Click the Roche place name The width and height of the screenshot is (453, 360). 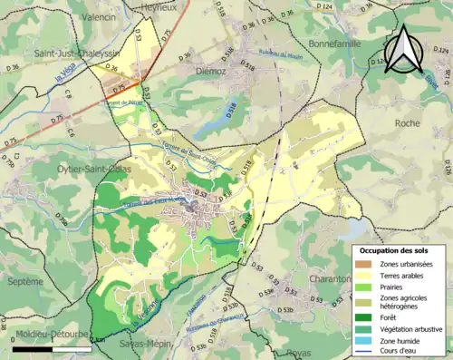click(408, 123)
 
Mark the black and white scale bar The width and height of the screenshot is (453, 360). click(52, 347)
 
